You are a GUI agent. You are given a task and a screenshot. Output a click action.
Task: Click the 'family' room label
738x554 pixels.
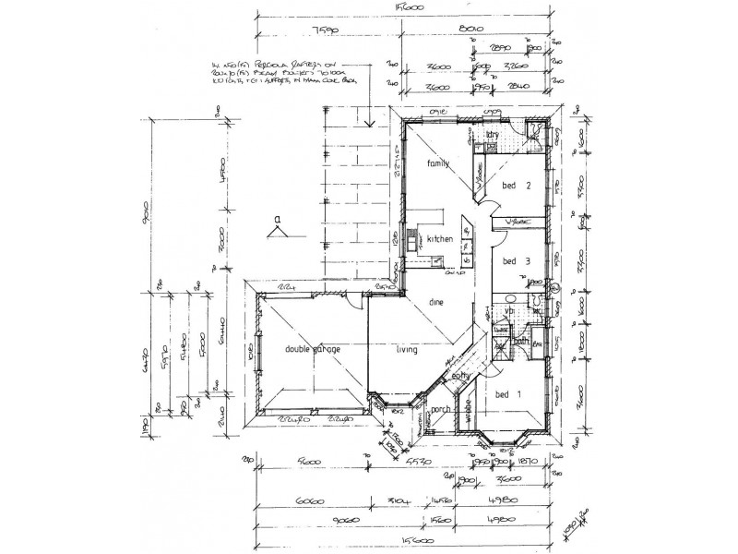[436, 163]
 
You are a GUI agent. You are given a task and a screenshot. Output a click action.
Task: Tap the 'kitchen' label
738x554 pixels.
[440, 239]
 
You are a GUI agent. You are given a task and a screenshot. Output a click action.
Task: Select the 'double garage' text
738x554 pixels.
[312, 349]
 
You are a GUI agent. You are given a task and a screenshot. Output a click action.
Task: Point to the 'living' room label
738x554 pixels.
[406, 350]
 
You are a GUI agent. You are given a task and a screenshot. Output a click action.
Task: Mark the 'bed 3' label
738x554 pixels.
[514, 261]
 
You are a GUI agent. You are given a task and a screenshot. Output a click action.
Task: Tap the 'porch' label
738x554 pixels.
[441, 410]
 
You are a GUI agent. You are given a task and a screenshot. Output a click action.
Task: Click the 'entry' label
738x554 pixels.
[461, 376]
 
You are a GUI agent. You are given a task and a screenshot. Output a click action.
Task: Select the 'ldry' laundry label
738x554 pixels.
[493, 135]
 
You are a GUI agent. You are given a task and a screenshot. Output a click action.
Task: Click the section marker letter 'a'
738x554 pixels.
[276, 219]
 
